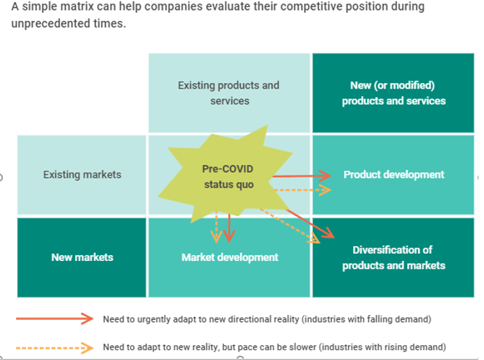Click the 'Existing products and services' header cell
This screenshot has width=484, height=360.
point(229,93)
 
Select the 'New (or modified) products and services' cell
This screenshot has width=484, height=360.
point(393,93)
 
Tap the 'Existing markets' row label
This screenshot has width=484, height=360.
point(82,174)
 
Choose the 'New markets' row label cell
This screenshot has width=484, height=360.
point(82,257)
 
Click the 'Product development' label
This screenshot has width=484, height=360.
point(394,174)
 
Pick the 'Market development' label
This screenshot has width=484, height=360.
point(229,257)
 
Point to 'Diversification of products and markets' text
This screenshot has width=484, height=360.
point(393,257)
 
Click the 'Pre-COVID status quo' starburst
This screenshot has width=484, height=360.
point(225,174)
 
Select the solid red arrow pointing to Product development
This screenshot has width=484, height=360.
point(302,176)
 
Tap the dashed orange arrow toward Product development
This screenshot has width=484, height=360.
point(302,190)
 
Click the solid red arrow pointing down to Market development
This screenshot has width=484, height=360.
point(229,229)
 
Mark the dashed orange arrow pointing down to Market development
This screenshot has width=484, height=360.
point(217,227)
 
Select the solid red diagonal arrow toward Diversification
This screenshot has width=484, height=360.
point(310,224)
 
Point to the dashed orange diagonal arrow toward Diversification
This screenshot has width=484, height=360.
point(290,226)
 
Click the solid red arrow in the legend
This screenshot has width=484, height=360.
point(55,319)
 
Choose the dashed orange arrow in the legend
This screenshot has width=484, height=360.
point(55,348)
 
